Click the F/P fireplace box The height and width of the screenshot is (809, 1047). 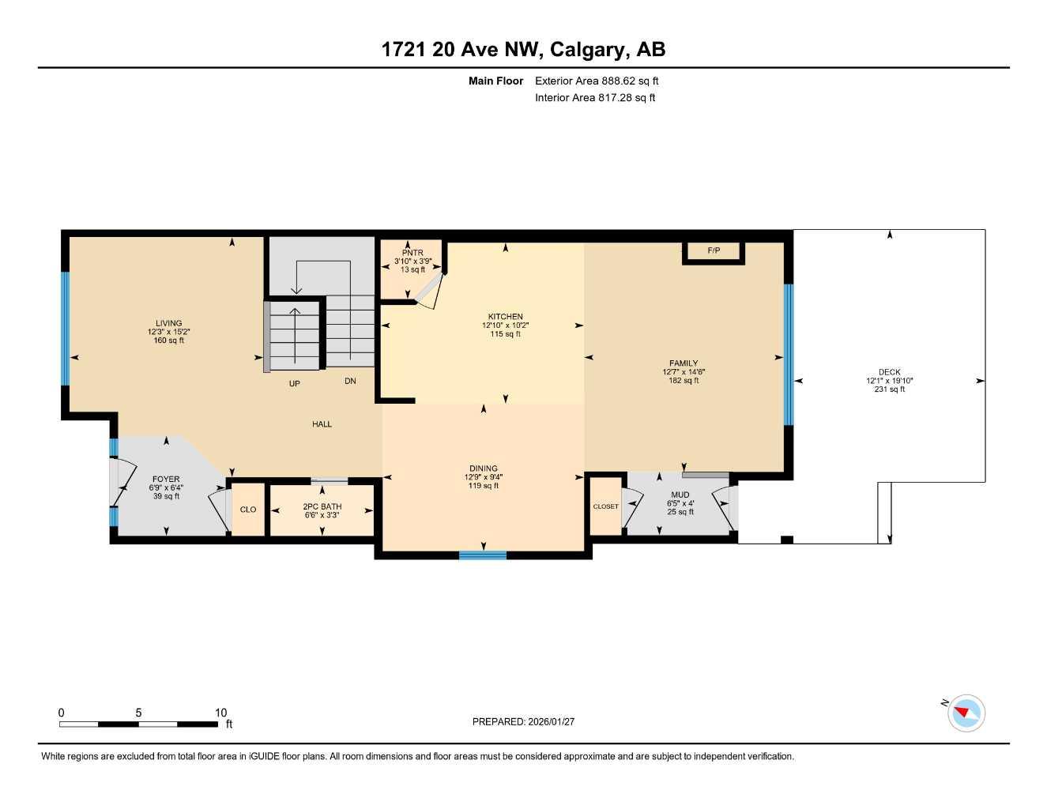coord(714,251)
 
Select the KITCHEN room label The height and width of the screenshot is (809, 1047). coord(505,317)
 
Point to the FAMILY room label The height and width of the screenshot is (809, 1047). coord(684,363)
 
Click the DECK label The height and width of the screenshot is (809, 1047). coord(889,372)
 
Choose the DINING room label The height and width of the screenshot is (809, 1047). coord(483,468)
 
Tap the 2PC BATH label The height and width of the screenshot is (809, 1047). coord(322,506)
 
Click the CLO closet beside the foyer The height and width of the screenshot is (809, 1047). coord(248,510)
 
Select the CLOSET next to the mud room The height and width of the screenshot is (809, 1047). coord(606,506)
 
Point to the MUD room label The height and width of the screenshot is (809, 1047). coord(680,495)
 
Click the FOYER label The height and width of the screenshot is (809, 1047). coord(166,479)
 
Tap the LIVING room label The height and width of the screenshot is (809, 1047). coord(168,323)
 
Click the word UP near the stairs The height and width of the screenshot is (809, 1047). coord(294,384)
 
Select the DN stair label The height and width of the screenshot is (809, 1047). coord(350,381)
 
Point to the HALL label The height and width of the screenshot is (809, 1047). coord(322,424)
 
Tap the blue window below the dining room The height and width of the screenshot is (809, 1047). coord(483,555)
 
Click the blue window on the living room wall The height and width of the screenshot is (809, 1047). coord(66,329)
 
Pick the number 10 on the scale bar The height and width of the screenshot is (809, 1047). coord(221,713)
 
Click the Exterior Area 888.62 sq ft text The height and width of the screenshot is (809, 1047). coord(597,81)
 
